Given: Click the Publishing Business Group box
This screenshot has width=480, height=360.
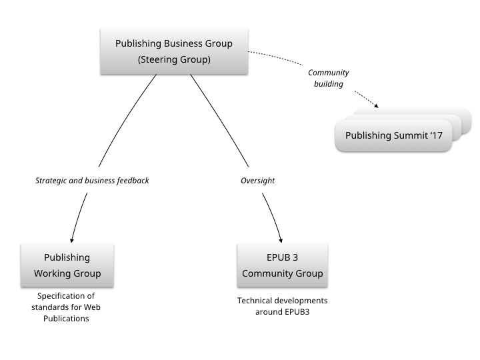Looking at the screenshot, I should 174,51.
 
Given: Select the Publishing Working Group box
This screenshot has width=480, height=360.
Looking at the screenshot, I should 67,265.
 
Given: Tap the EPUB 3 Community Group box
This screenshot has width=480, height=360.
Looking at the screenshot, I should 282,265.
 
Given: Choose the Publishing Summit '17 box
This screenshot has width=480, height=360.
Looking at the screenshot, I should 393,135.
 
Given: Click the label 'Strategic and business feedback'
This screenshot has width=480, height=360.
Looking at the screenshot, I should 92,180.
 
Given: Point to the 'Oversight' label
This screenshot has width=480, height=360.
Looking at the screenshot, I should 257,180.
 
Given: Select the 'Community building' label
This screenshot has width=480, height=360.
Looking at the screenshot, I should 328,79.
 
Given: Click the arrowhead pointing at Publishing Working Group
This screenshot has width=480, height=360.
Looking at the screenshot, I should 71,240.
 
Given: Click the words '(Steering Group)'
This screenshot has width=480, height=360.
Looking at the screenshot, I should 174,59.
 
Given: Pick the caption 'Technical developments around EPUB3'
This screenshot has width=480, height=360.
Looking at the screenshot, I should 282,306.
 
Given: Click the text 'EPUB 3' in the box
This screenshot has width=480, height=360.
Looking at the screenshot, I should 282,257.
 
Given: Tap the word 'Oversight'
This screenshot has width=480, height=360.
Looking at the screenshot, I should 257,180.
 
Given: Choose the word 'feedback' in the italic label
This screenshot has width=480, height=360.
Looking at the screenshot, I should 131,180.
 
